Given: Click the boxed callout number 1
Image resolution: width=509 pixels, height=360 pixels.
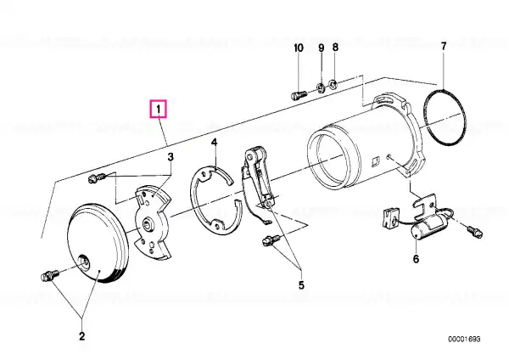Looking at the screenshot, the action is [158, 110].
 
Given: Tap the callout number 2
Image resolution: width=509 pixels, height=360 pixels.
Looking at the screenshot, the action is [81, 335].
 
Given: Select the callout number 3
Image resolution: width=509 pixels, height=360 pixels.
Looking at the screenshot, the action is [171, 157].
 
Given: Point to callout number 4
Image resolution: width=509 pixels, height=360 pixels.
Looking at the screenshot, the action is [214, 142].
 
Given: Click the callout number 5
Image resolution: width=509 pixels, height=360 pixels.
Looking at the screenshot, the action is [301, 285].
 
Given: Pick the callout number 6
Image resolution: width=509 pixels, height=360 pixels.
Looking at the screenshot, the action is [416, 259].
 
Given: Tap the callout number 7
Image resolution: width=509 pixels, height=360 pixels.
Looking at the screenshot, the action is [444, 46].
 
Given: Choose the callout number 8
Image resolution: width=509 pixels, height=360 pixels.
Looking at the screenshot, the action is [335, 48].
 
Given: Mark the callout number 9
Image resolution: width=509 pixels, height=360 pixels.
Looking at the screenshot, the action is [321, 48].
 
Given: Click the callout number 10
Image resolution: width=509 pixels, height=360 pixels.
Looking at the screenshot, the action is [299, 48].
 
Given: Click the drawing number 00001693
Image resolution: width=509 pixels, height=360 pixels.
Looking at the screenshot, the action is [464, 340].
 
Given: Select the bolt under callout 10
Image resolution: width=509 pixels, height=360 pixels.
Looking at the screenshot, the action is [299, 95].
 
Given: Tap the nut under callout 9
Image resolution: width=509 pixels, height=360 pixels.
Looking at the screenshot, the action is [321, 87].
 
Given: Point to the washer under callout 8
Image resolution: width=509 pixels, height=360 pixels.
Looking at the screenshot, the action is [333, 84].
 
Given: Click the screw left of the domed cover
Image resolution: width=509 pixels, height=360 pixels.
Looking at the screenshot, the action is [49, 275].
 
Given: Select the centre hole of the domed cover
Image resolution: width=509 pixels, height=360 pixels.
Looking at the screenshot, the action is [85, 261].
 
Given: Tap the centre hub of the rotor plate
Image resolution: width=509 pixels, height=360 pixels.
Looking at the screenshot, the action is [149, 223].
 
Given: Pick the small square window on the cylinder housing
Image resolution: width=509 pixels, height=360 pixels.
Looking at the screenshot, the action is [376, 161].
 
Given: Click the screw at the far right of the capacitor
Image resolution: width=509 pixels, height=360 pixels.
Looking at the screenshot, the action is [475, 233].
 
